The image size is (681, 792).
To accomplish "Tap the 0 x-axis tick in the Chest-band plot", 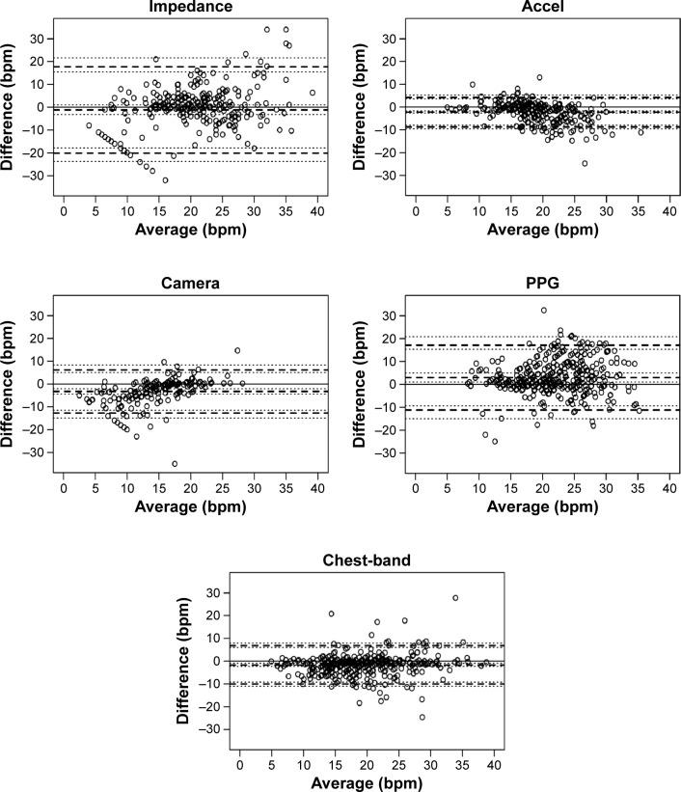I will (x=240, y=764).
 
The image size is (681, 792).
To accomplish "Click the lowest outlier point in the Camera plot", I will (x=175, y=464).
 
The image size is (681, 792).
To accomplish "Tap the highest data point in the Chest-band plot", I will (x=455, y=598).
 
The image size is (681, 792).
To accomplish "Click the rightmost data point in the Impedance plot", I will (x=312, y=93).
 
